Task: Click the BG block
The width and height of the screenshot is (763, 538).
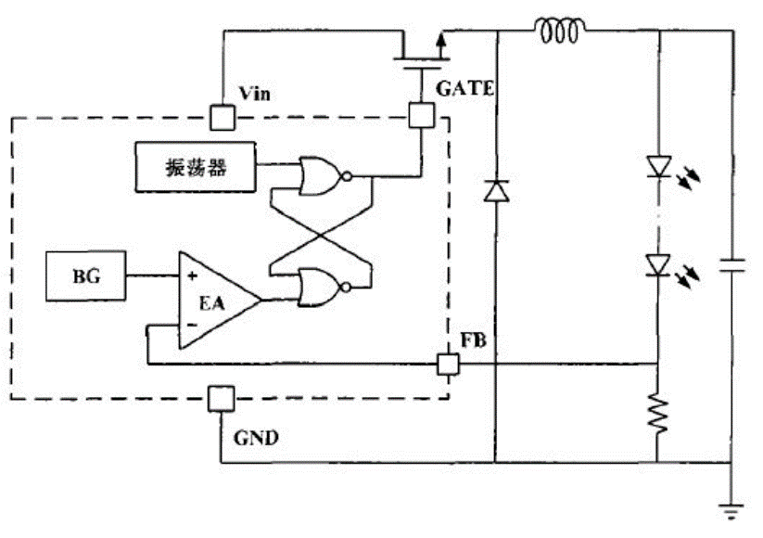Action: click(86, 275)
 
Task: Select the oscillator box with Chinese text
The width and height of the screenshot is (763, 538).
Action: click(195, 167)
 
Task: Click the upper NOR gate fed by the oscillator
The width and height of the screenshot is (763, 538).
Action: click(324, 175)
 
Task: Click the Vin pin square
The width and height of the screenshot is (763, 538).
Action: click(223, 118)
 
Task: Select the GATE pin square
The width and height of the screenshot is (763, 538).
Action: click(421, 115)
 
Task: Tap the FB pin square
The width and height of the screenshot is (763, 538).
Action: click(448, 364)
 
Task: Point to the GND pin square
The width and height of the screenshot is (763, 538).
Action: click(221, 399)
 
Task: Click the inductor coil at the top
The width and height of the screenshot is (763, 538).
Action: click(560, 31)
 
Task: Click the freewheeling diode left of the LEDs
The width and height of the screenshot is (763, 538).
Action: click(496, 190)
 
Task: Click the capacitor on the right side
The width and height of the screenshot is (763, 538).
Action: click(731, 266)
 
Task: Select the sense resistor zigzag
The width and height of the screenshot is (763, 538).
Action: click(657, 414)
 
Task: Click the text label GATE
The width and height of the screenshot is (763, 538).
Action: click(464, 89)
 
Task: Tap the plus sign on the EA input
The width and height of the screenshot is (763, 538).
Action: click(192, 275)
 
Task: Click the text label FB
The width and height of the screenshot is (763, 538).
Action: click(474, 340)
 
